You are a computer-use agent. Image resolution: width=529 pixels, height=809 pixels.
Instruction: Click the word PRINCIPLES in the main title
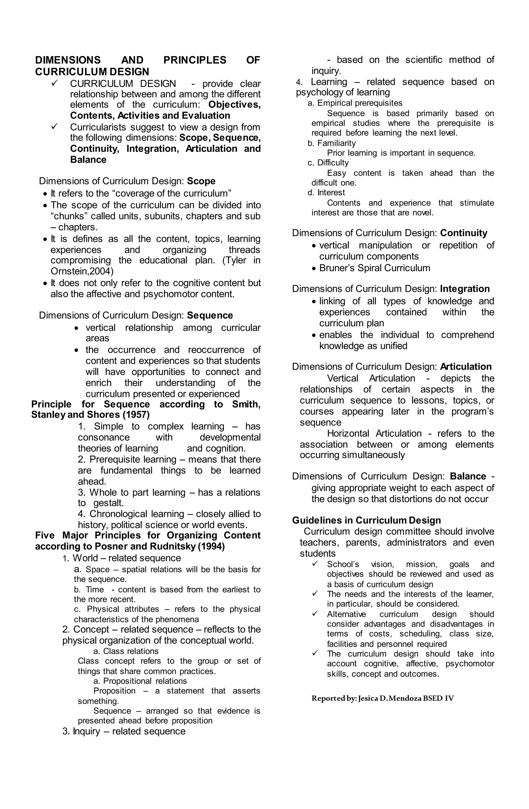(x=195, y=60)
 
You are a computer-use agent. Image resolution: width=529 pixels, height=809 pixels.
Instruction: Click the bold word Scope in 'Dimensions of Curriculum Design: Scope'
(x=201, y=181)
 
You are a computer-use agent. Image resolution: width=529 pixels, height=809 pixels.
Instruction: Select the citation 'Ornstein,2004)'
(x=82, y=271)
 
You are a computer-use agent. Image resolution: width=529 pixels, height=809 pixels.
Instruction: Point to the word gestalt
(x=108, y=503)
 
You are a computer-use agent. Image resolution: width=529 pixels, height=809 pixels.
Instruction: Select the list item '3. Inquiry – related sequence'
(x=124, y=731)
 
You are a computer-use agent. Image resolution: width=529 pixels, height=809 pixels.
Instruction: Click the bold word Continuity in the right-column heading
(x=463, y=233)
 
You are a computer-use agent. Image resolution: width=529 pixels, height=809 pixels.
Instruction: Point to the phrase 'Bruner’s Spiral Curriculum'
(x=374, y=268)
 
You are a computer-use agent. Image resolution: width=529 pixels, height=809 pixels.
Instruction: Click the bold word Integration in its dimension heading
(x=464, y=289)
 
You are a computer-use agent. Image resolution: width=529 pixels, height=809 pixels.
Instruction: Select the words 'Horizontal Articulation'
(x=374, y=434)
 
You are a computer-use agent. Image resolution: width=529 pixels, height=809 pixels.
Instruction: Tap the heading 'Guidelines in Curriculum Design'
(x=366, y=520)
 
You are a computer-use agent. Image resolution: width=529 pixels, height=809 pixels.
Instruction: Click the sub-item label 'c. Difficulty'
(x=328, y=163)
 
